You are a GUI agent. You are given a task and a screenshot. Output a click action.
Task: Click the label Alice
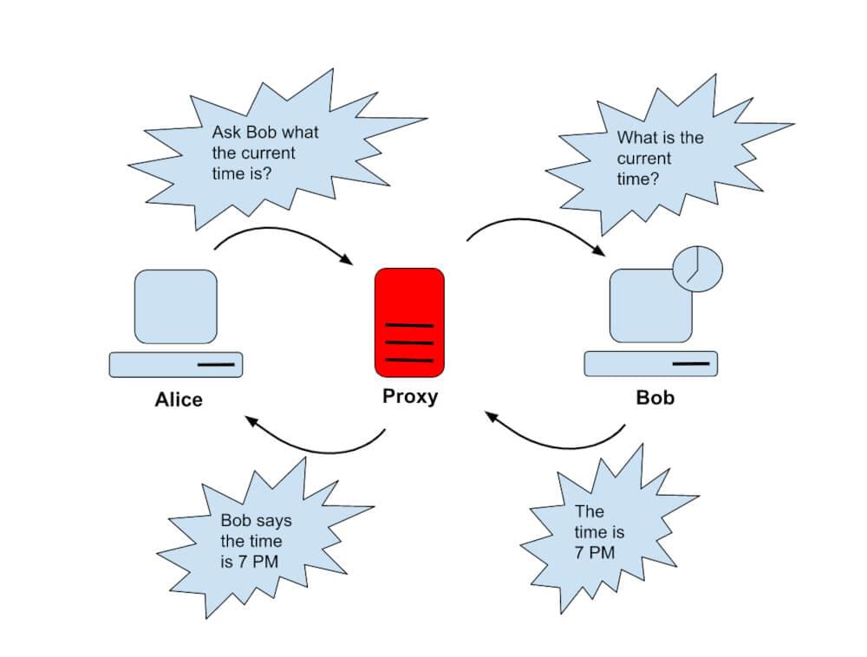(x=179, y=400)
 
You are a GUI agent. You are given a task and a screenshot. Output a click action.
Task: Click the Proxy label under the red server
(x=410, y=397)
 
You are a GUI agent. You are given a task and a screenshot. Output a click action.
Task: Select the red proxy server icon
(x=409, y=322)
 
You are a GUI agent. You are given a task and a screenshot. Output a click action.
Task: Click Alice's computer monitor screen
(x=176, y=306)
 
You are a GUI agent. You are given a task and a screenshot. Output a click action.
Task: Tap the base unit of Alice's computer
(x=175, y=364)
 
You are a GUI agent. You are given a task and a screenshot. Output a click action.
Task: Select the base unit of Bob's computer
(x=650, y=363)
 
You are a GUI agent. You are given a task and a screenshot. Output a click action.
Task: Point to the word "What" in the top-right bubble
(x=636, y=138)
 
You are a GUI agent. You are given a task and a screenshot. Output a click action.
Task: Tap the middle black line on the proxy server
(x=409, y=342)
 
